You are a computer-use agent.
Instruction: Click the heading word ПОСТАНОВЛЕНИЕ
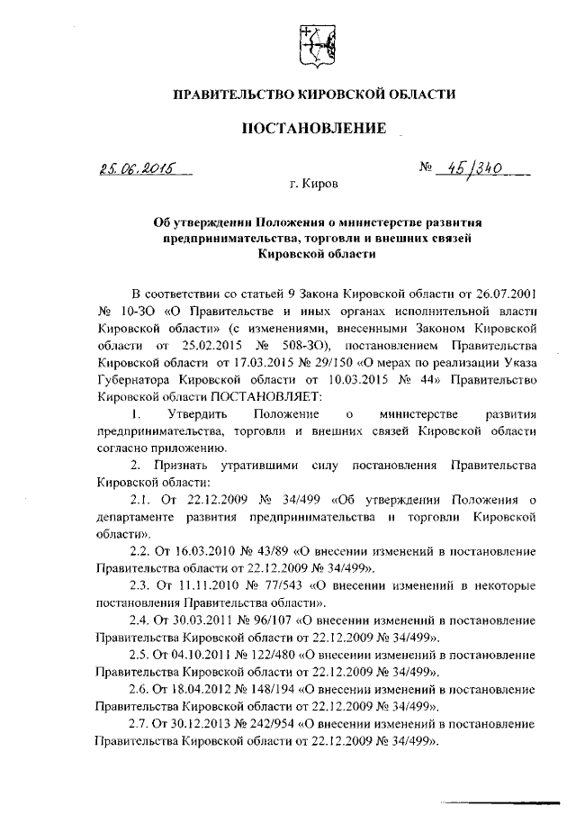click(314, 129)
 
